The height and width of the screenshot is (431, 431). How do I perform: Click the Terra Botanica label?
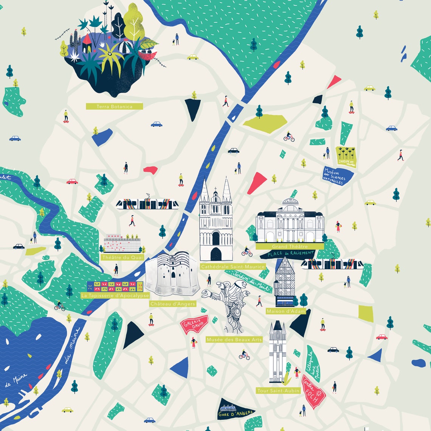[x=114, y=107]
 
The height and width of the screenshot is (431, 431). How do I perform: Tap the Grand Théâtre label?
[x=290, y=247]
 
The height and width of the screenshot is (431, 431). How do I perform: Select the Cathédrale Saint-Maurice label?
[x=233, y=267]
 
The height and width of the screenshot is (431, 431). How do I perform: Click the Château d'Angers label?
[x=172, y=304]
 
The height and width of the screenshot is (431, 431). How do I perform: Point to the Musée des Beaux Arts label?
[x=234, y=340]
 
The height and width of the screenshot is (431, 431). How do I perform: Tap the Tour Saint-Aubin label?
[x=278, y=391]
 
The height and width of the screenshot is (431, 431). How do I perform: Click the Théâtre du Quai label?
[x=122, y=257]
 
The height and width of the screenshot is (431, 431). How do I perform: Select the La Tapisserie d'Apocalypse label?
[x=115, y=295]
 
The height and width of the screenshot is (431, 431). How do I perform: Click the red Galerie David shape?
[x=194, y=324]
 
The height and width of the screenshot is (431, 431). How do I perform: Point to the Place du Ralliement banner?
[x=290, y=253]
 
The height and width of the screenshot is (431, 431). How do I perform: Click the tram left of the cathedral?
[x=147, y=204]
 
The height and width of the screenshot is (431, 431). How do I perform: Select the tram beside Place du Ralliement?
[x=332, y=264]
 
